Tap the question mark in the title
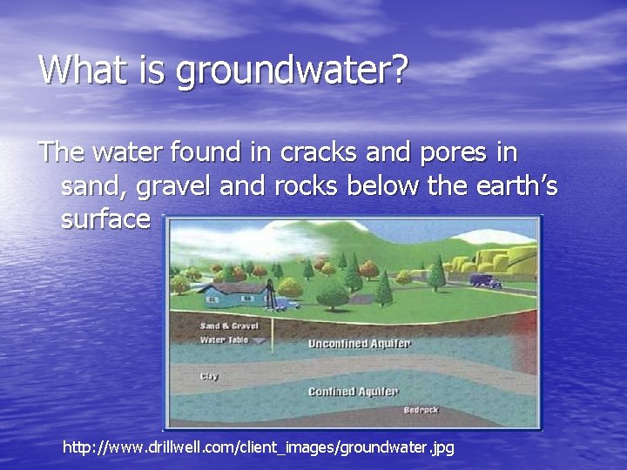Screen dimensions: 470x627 399,70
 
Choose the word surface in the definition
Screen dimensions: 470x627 105,218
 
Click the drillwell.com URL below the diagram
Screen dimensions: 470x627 259,447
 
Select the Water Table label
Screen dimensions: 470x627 224,339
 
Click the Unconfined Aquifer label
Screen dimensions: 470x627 358,343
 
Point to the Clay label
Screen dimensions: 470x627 209,376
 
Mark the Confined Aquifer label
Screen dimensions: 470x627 353,392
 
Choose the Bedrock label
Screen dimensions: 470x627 421,409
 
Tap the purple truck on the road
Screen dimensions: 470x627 485,280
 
